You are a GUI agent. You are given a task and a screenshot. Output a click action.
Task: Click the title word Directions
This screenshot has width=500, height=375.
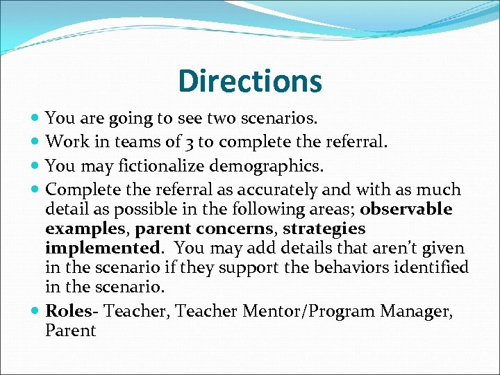pyautogui.click(x=250, y=81)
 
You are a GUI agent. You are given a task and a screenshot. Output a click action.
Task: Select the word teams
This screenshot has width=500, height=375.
pyautogui.click(x=129, y=142)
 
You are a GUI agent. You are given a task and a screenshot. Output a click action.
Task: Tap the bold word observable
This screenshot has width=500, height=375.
pyautogui.click(x=406, y=209)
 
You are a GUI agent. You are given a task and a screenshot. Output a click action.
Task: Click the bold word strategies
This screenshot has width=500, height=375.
pyautogui.click(x=324, y=228)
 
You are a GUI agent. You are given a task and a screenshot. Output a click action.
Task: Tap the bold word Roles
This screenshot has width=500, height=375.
pyautogui.click(x=67, y=310)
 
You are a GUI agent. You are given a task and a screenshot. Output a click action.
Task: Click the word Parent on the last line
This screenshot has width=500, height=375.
pyautogui.click(x=70, y=330)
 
